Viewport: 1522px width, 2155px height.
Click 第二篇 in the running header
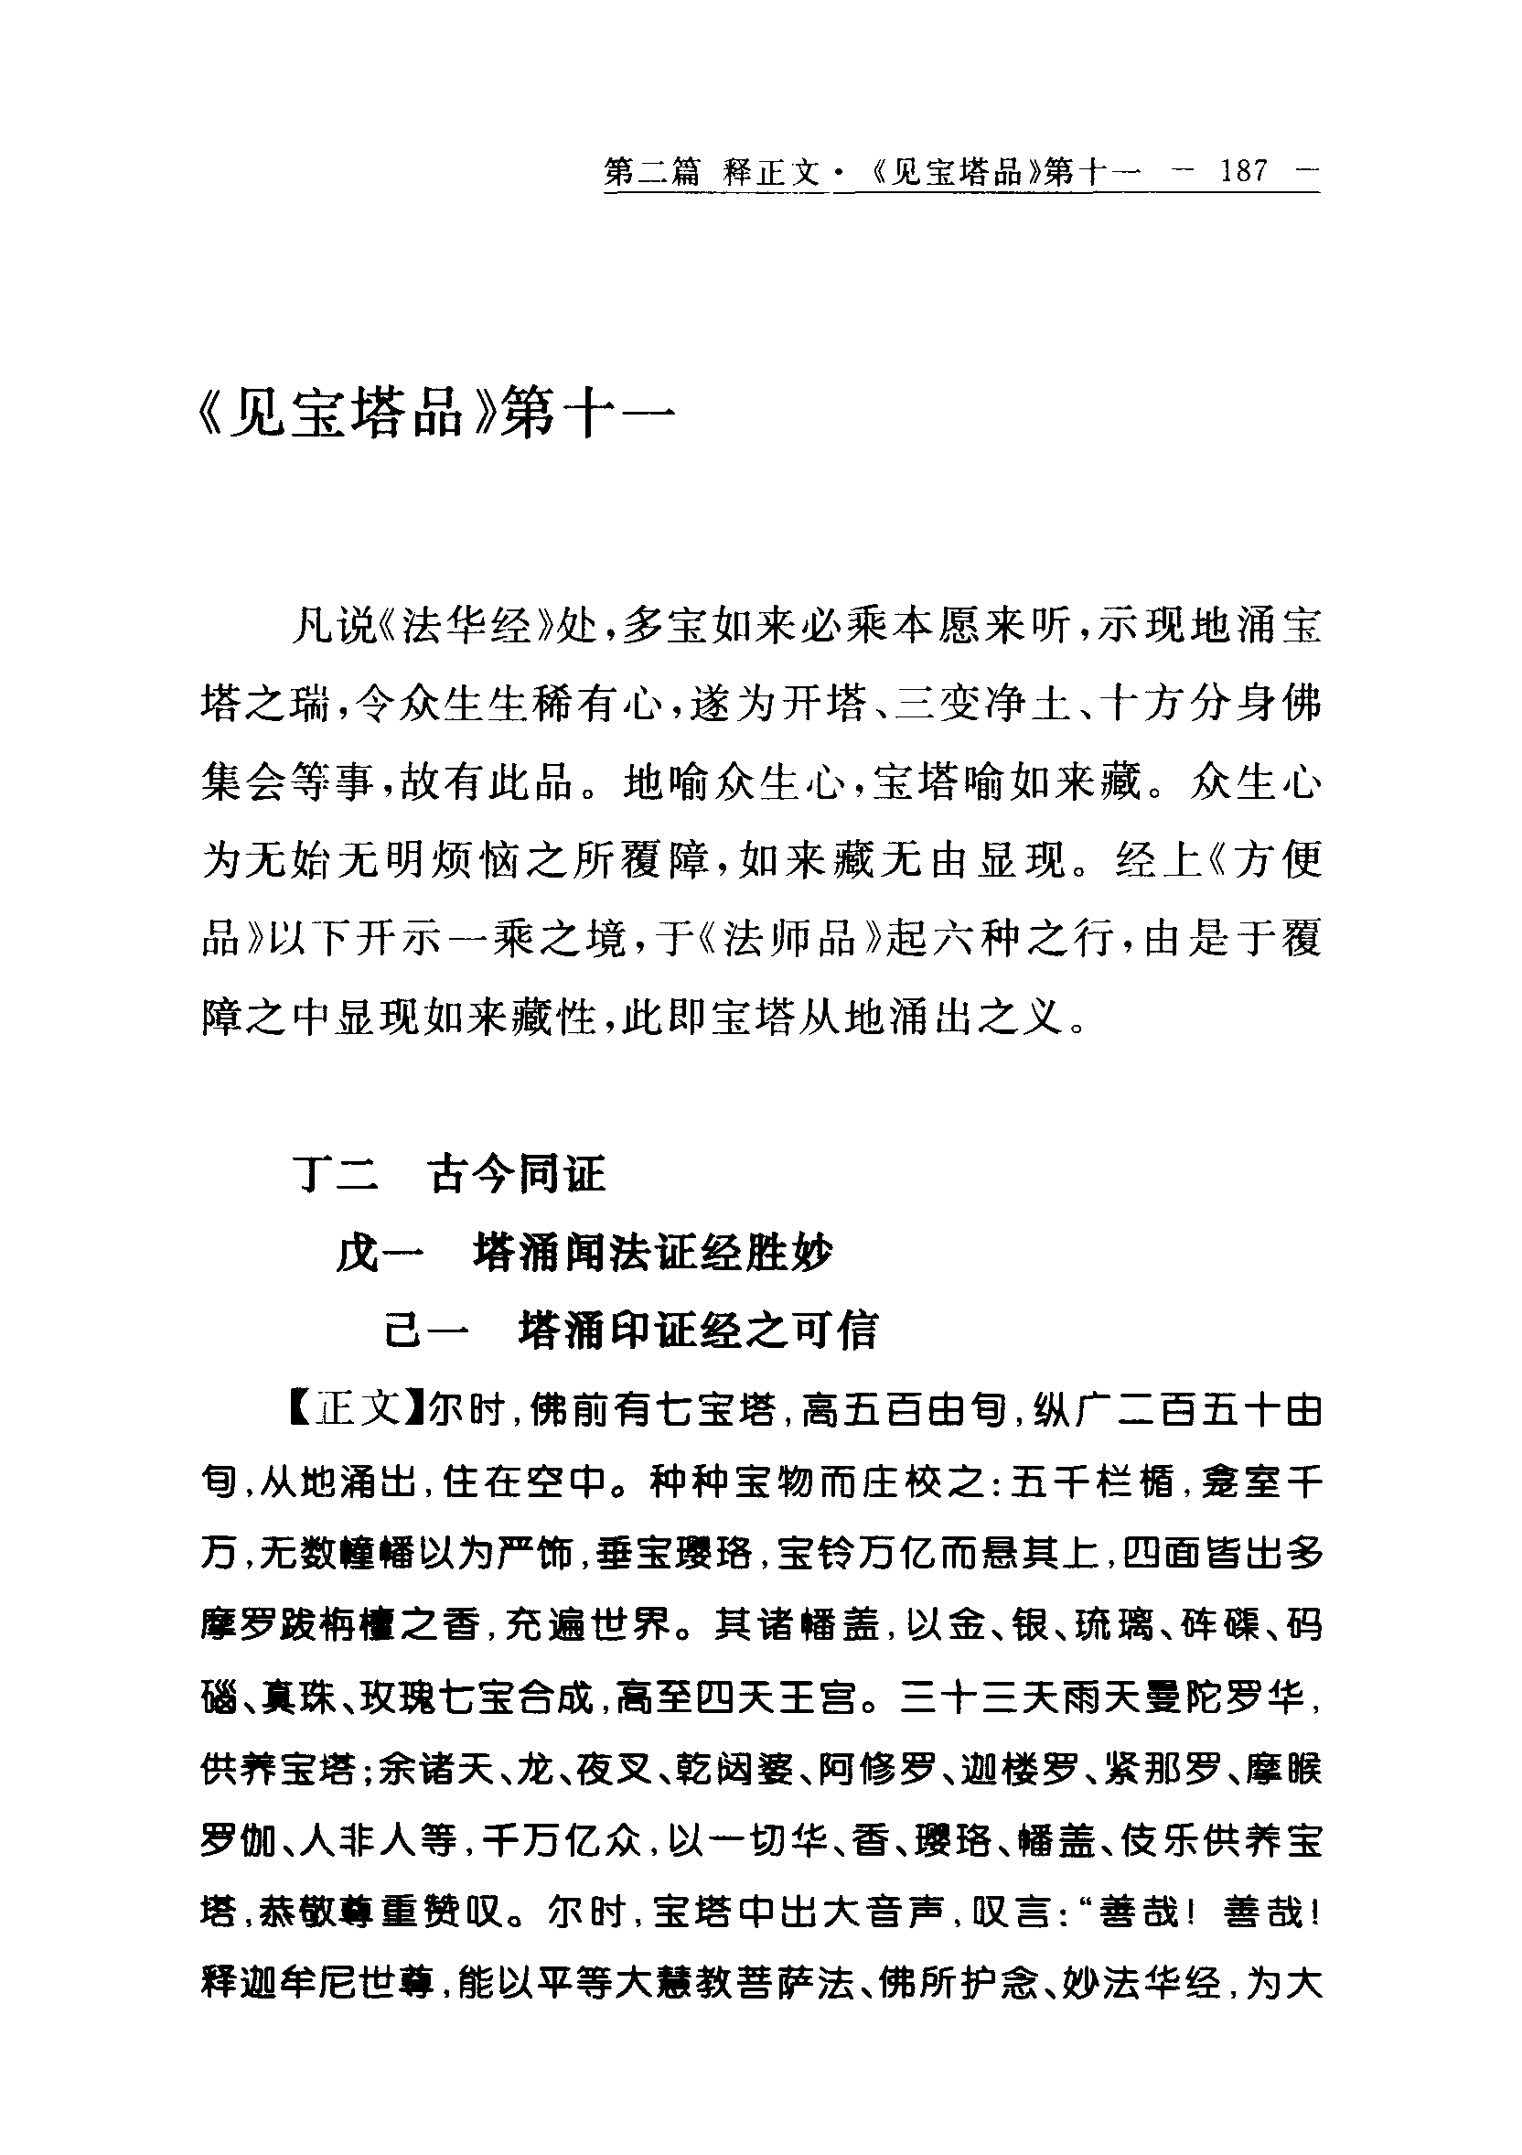coord(652,172)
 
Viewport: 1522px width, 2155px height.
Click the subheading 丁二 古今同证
coord(451,1173)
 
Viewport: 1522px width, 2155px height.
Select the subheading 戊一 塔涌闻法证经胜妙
coord(584,1252)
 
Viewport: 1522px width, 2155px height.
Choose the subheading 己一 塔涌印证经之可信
coord(630,1330)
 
